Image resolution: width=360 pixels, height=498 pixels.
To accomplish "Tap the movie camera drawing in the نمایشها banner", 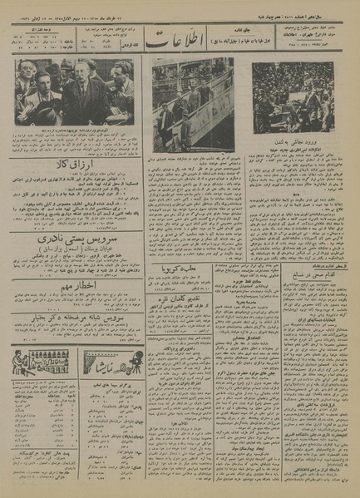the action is pos(96,362).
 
